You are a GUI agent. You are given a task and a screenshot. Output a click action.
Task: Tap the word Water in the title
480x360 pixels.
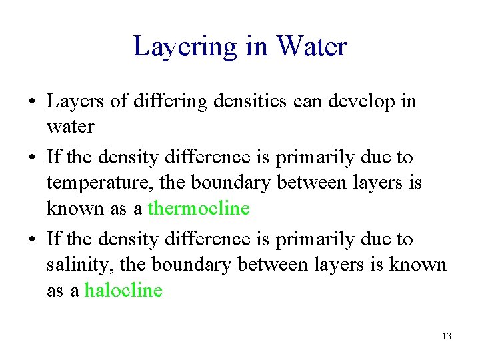click(312, 47)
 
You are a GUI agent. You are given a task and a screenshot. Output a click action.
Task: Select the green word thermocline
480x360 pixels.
click(199, 209)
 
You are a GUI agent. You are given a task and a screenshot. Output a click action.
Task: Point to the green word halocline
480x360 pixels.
click(123, 291)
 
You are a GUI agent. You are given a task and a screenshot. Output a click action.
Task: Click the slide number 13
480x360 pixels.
click(446, 336)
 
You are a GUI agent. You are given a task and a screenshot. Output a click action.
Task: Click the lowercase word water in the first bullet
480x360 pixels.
click(70, 126)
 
